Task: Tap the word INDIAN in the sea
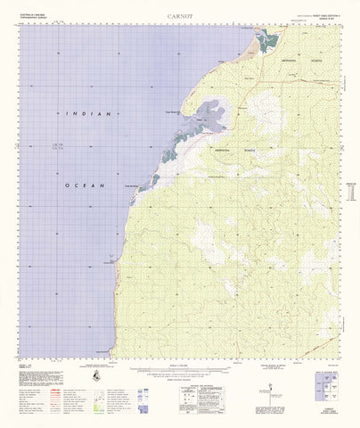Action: pos(88,114)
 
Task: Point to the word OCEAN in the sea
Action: pos(88,185)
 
